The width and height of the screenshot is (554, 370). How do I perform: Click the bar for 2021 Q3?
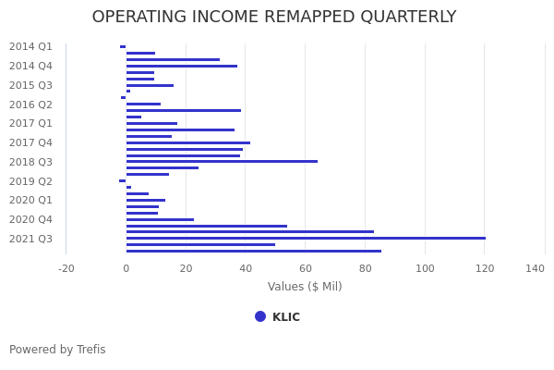305,239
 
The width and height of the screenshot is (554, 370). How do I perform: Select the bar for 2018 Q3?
222,162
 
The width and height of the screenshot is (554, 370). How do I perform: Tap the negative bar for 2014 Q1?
123,46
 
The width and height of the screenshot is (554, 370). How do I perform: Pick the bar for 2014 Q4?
181,66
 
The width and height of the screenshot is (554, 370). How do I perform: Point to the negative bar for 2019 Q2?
123,181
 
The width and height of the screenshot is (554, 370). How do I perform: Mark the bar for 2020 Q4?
160,220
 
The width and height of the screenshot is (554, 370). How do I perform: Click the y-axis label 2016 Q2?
30,105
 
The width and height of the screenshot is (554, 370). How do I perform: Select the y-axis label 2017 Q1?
30,123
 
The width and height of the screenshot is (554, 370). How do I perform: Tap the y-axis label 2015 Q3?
30,85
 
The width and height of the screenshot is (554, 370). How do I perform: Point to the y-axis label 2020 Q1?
30,200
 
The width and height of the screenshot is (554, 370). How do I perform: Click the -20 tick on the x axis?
66,268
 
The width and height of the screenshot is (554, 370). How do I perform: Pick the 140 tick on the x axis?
535,268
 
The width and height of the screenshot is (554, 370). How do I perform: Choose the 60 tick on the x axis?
306,268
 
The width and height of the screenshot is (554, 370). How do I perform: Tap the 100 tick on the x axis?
425,268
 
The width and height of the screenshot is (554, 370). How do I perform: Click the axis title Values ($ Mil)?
305,287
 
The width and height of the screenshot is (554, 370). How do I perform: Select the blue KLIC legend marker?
260,316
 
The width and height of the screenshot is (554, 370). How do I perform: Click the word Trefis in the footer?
90,350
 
